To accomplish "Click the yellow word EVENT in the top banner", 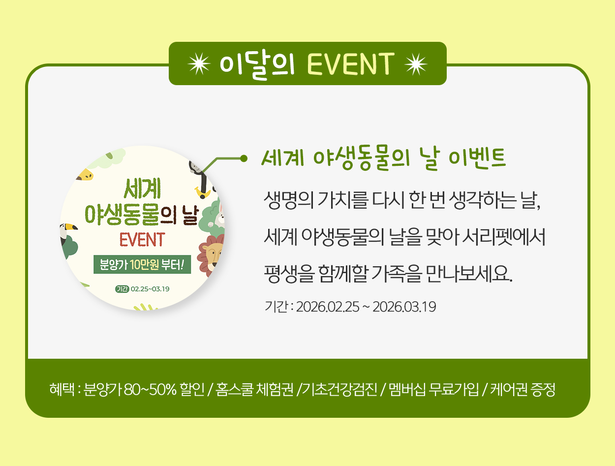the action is [x=351, y=64].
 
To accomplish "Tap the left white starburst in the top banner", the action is [x=199, y=64].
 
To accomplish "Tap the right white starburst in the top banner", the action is [x=416, y=64].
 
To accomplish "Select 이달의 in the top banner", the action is [x=257, y=65].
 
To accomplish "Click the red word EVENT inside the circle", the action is [x=142, y=240].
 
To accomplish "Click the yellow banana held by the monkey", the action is [x=203, y=193].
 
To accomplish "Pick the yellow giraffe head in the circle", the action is [x=85, y=175].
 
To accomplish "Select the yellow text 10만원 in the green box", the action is [x=145, y=264].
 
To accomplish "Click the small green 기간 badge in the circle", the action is [x=122, y=289].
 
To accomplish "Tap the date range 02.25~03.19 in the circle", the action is [x=150, y=289].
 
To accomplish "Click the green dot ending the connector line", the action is [x=244, y=158].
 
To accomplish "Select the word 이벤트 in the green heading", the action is [x=477, y=158].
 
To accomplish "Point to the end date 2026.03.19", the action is [x=404, y=307].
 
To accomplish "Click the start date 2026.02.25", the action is [x=328, y=307].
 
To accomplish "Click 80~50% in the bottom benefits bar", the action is [x=150, y=390].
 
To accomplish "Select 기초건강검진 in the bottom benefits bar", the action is [x=340, y=390].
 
